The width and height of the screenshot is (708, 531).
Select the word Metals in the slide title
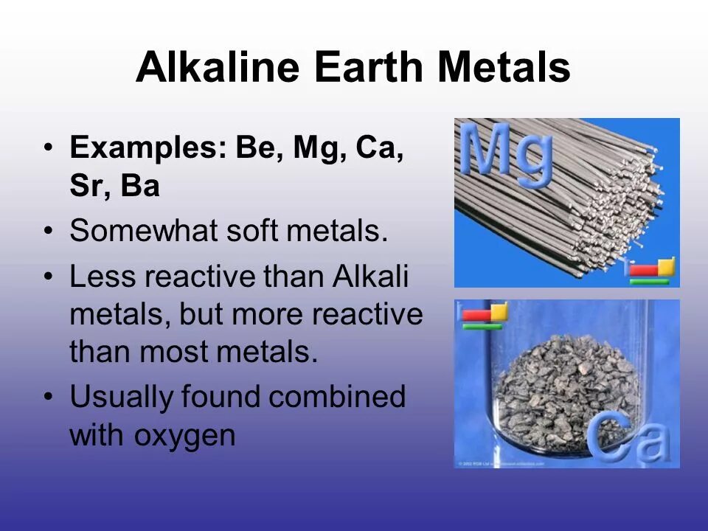[504, 69]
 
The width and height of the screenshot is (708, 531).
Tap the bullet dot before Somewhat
[49, 233]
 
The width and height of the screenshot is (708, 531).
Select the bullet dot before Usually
[49, 398]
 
